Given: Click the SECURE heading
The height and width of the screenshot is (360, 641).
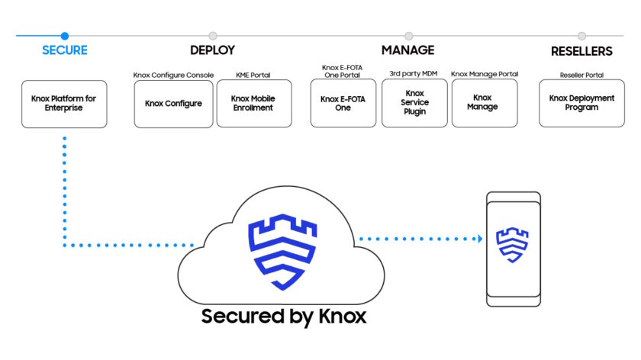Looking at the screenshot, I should tap(64, 51).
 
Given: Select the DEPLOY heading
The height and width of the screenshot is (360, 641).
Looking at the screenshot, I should tap(212, 51).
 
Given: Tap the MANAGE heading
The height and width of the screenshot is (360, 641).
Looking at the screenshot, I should tap(407, 50).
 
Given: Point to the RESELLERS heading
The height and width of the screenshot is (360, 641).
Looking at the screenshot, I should tap(581, 52).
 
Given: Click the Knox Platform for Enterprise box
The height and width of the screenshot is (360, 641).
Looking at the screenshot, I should tap(64, 104).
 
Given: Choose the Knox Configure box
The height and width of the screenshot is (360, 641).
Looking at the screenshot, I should tap(173, 104).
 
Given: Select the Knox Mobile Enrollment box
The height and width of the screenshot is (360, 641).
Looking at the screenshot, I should tap(253, 104).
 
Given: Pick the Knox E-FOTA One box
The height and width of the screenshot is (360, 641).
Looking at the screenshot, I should tap(343, 104).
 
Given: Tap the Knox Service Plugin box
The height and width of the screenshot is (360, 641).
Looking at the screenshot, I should tap(414, 103).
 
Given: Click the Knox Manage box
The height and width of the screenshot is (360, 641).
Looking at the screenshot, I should tap(484, 103).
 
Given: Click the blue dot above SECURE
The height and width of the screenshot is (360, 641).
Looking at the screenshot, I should tap(65, 36).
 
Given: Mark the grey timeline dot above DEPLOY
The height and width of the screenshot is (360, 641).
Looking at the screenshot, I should tap(212, 36).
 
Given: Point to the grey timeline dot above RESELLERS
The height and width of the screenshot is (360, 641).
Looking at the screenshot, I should tap(581, 36).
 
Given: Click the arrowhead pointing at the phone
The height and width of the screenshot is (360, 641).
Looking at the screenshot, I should tap(479, 239).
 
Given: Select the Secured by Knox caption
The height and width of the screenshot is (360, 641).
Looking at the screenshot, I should tap(283, 317).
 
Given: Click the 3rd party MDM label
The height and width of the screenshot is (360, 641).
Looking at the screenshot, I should tap(414, 74).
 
